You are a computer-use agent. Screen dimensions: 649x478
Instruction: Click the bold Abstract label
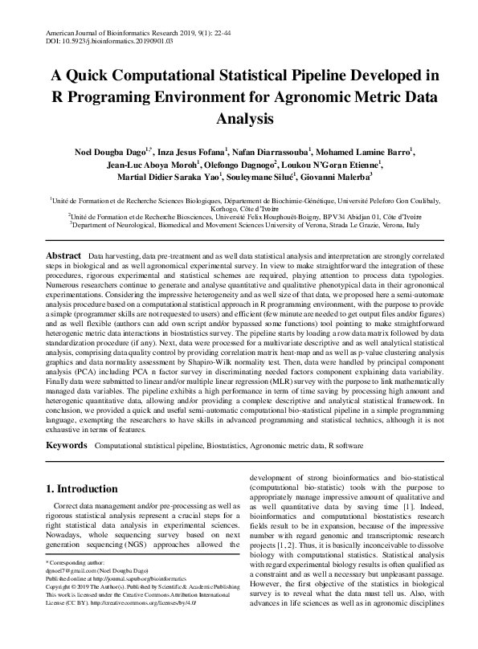tap(63, 255)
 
